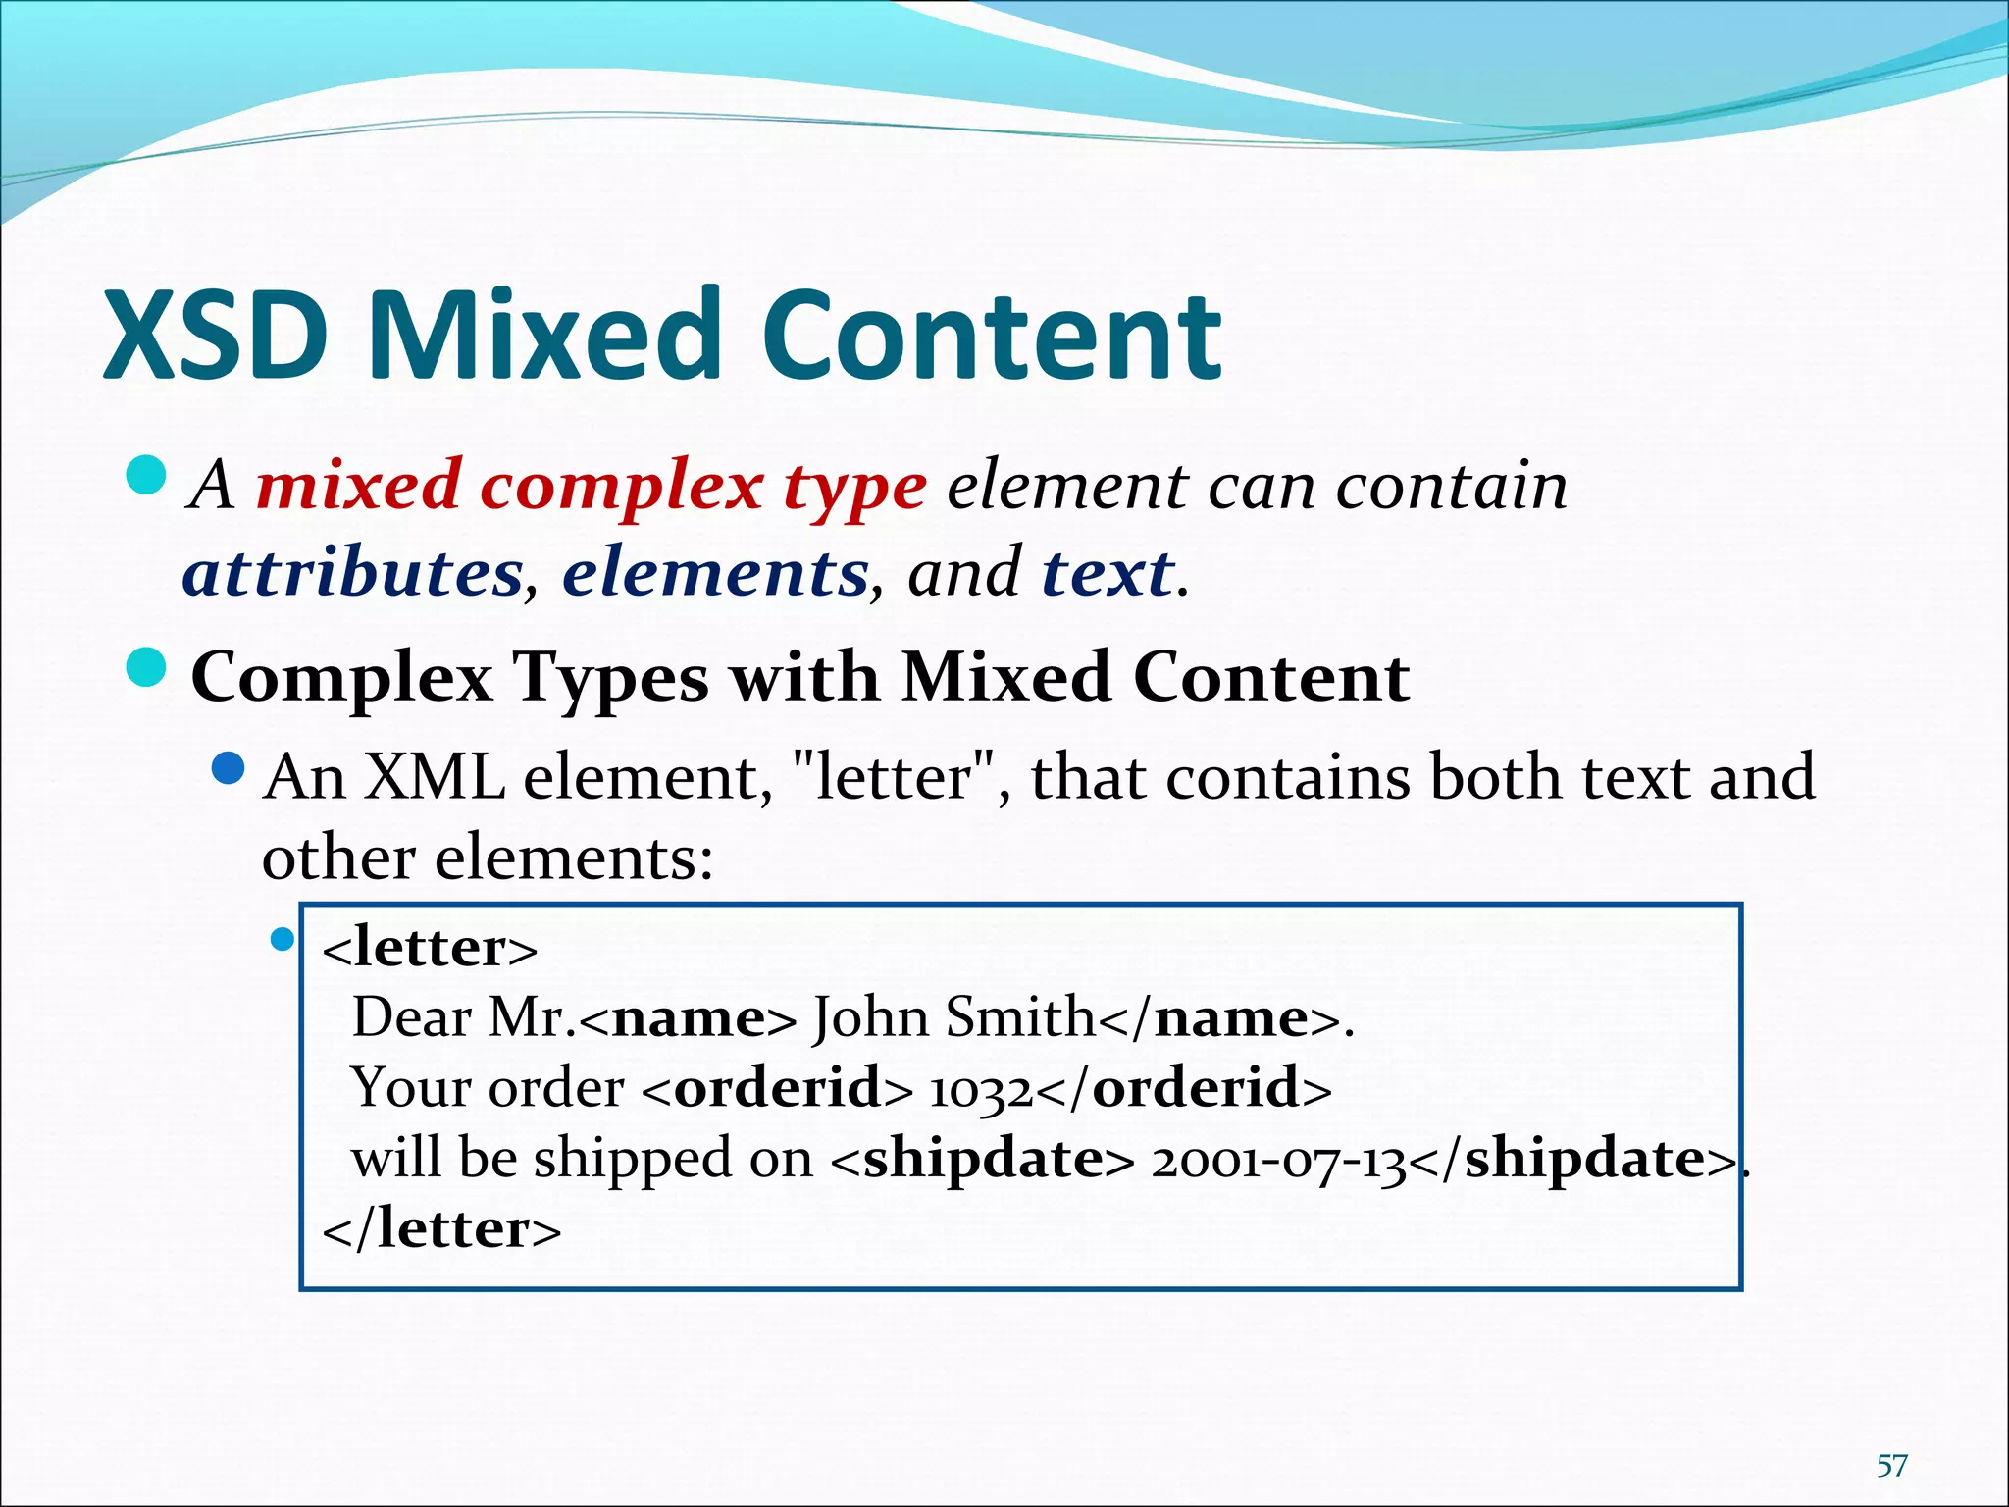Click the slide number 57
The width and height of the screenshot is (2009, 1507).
(1892, 1466)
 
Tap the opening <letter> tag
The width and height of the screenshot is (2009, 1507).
(430, 948)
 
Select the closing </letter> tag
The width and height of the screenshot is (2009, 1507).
(441, 1228)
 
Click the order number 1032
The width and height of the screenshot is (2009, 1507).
(980, 1089)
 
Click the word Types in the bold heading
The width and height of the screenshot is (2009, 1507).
(610, 677)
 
